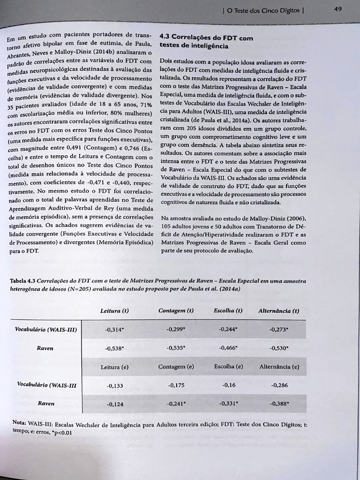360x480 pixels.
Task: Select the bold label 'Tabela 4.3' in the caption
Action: point(22,281)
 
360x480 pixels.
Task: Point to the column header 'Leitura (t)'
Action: point(114,311)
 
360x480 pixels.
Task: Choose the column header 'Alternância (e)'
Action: point(279,367)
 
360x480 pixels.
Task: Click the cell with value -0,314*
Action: point(115,330)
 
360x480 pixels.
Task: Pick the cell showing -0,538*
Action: point(115,348)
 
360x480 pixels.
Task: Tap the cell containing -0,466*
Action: point(228,348)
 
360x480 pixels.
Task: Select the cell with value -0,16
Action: point(228,385)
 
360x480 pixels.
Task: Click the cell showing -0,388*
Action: point(279,403)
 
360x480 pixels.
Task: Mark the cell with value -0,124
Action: point(115,404)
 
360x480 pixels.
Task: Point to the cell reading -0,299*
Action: point(176,330)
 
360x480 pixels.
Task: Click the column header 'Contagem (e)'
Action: point(176,367)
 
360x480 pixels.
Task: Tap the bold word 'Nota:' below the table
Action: point(19,422)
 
